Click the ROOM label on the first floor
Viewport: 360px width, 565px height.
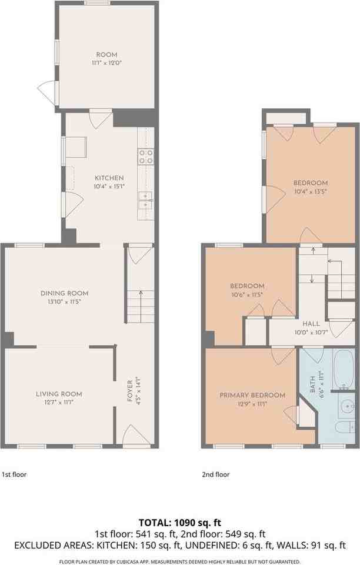[107, 55]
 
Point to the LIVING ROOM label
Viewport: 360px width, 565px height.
[59, 394]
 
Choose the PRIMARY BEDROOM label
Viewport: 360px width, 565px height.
[252, 395]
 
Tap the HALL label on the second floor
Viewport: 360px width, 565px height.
[311, 324]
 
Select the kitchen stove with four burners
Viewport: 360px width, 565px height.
[146, 156]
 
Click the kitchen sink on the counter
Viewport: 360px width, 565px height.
[145, 200]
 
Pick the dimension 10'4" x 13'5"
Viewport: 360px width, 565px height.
[311, 191]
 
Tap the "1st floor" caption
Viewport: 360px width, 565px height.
[14, 474]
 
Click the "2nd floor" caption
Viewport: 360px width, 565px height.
[215, 474]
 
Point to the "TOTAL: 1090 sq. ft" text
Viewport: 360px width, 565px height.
[179, 522]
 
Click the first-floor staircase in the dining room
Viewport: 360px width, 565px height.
[140, 306]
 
